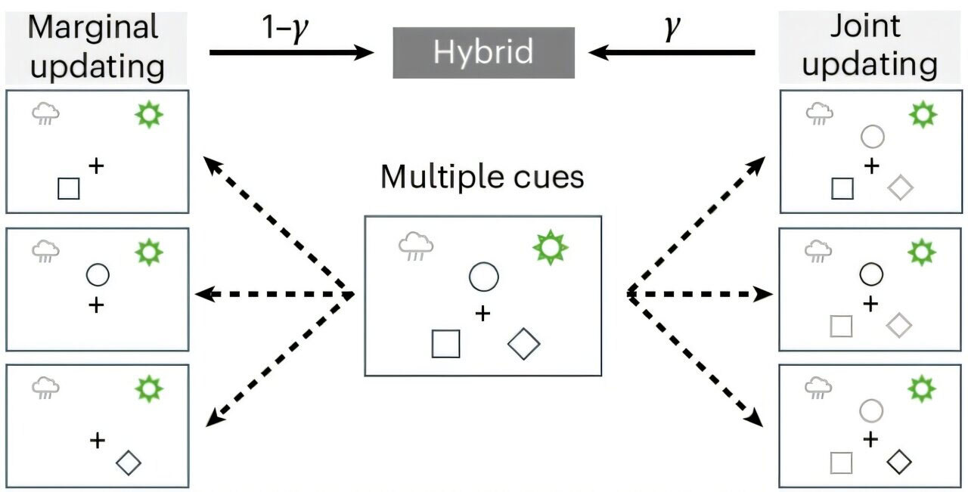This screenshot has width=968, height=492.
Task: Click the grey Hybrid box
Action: [483, 53]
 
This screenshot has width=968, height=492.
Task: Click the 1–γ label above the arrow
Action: [285, 29]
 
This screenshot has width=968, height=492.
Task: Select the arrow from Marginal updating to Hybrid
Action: [292, 53]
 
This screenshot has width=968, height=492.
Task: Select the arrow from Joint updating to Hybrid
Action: [672, 53]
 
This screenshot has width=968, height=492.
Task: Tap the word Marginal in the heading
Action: [93, 27]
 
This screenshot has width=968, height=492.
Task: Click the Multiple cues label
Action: [482, 177]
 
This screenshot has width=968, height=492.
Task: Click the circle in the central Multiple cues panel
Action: [483, 277]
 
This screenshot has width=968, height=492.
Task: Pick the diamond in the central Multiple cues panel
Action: [523, 344]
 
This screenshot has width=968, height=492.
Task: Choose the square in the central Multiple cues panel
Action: [445, 344]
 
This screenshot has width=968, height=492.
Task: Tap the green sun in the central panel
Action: [550, 248]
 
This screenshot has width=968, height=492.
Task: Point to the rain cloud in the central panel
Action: [416, 246]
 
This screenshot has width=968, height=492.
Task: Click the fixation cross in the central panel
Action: [482, 314]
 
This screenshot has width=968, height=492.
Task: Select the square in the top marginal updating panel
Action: [69, 189]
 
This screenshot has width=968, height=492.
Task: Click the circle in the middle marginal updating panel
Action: [98, 275]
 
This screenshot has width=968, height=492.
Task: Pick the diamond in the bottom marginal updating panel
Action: [129, 463]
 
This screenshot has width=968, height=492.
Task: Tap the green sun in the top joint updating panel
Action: [923, 114]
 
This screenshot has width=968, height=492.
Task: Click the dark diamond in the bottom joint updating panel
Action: [899, 462]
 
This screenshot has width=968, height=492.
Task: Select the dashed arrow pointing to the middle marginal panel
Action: [275, 294]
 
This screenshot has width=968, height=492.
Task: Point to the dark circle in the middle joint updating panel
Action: [871, 274]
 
